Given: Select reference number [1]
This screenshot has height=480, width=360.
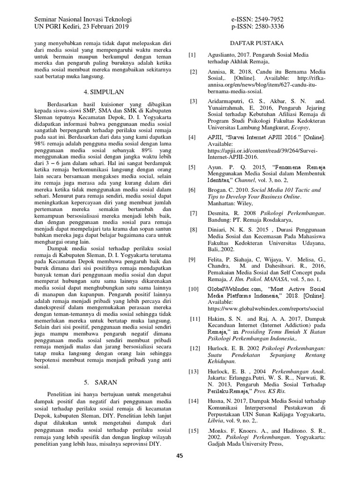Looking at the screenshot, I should pos(192,55).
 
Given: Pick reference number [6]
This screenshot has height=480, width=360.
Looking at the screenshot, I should pos(193,190).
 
